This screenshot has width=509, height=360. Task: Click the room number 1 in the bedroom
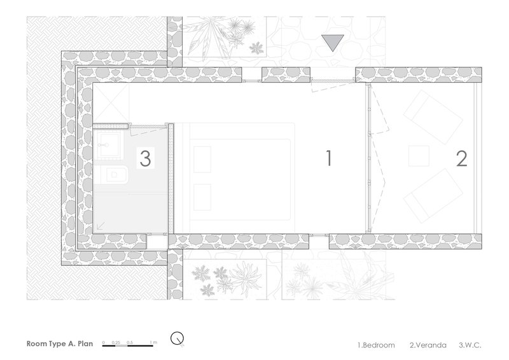[329, 158]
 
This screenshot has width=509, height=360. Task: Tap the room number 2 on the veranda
[462, 158]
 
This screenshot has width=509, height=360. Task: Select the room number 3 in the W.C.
[145, 158]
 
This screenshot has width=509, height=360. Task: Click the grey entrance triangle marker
[332, 43]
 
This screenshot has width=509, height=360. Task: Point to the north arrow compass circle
[178, 338]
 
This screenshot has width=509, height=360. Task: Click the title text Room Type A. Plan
[60, 343]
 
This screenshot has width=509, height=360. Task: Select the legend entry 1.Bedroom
[376, 345]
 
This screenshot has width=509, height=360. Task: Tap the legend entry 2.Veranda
[428, 345]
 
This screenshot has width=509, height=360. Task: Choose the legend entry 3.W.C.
[470, 345]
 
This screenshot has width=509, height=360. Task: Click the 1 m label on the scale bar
[153, 342]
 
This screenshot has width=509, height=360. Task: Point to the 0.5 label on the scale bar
[130, 342]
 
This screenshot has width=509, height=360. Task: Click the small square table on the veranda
[419, 156]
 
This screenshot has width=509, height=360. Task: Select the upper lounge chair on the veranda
[433, 117]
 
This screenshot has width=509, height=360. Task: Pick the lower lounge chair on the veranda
[433, 196]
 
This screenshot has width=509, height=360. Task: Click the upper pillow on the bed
[202, 159]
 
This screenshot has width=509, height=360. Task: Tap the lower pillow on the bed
[202, 197]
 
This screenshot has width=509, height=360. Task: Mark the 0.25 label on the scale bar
[116, 342]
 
